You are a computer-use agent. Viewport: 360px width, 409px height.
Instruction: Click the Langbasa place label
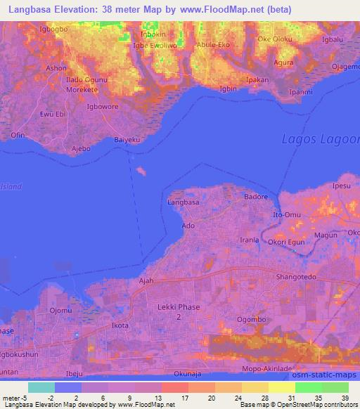[x=184, y=202]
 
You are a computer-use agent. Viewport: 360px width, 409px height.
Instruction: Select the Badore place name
[x=256, y=197]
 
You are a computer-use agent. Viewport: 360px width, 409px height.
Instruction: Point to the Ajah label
[x=146, y=280]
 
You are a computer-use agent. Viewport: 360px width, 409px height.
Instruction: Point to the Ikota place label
[x=120, y=326]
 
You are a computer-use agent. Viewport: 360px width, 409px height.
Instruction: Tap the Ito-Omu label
[x=288, y=214]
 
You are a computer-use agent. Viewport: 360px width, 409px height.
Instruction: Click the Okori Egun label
[x=285, y=241]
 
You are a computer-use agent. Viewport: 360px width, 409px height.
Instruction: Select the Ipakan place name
[x=258, y=81]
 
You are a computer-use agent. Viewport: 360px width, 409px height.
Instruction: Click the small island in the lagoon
[x=143, y=171]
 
